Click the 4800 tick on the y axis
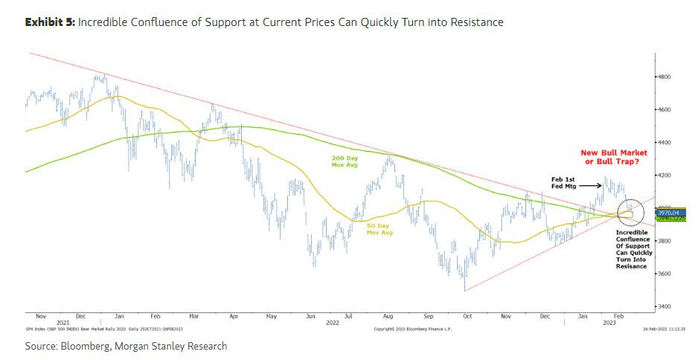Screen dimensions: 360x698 (665, 77)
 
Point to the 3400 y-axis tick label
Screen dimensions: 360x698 (665, 306)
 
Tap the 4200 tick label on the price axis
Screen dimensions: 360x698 (665, 175)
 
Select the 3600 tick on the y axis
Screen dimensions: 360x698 (665, 274)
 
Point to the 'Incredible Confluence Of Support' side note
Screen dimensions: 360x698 (633, 248)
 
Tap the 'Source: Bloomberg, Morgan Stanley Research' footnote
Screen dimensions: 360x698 (126, 346)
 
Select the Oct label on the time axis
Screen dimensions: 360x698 (467, 316)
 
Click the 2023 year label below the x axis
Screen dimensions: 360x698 (608, 323)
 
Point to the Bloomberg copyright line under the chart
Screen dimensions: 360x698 (412, 328)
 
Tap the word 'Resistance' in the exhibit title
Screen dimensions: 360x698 (474, 23)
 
